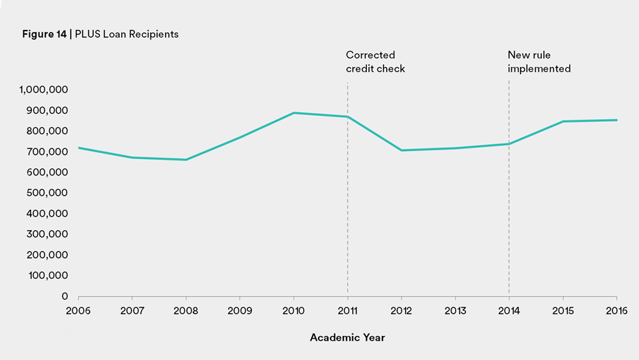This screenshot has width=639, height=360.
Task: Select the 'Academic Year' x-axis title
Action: tap(347, 337)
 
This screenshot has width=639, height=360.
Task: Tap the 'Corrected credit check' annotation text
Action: tap(375, 62)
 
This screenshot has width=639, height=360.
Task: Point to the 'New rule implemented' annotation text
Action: tap(539, 62)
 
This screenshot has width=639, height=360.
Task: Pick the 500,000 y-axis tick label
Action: tap(49, 193)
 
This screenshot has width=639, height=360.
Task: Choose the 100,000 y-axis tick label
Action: tap(49, 275)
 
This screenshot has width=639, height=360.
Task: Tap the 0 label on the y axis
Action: tap(65, 296)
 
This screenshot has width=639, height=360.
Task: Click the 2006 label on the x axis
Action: tap(78, 310)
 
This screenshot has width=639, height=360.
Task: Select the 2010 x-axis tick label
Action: tap(294, 310)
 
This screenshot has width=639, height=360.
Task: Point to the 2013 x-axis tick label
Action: tap(455, 310)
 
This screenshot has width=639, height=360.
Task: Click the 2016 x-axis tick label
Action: tap(616, 310)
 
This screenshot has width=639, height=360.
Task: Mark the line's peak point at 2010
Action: tap(294, 112)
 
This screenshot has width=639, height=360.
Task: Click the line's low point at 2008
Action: tap(186, 160)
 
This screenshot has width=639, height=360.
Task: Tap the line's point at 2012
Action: tap(402, 150)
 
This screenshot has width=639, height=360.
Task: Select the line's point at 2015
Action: tap(563, 121)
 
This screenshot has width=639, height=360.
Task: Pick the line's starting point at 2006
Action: tap(79, 148)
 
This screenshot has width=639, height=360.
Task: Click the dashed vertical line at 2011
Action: tap(348, 213)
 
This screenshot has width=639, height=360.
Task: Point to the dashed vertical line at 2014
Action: tap(509, 220)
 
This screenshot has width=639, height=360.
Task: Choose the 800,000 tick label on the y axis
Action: tap(49, 131)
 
